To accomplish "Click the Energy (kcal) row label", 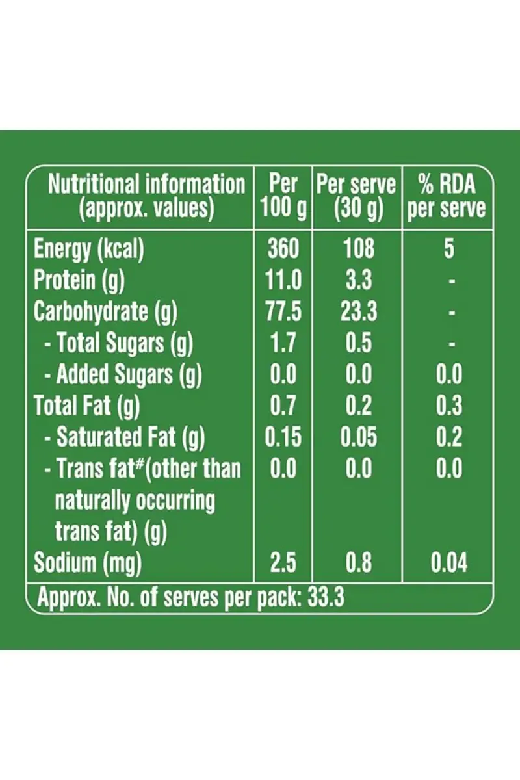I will [x=88, y=249].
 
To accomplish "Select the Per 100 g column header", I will [x=283, y=196].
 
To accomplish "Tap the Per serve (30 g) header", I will [x=357, y=196].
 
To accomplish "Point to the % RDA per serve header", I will [x=447, y=196].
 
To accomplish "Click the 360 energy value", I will [x=283, y=249].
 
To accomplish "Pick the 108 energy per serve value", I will [x=358, y=249].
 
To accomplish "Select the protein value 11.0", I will [x=283, y=280].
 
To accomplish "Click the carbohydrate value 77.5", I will [x=283, y=311].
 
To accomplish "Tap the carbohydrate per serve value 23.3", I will [x=358, y=311].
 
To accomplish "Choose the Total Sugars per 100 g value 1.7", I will [x=283, y=343].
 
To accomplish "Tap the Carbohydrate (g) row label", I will [x=105, y=311].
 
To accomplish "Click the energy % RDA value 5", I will [x=448, y=249].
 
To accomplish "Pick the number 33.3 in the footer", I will [x=326, y=597].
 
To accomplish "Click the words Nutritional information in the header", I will [x=146, y=185].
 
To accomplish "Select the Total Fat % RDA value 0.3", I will [x=448, y=406].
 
